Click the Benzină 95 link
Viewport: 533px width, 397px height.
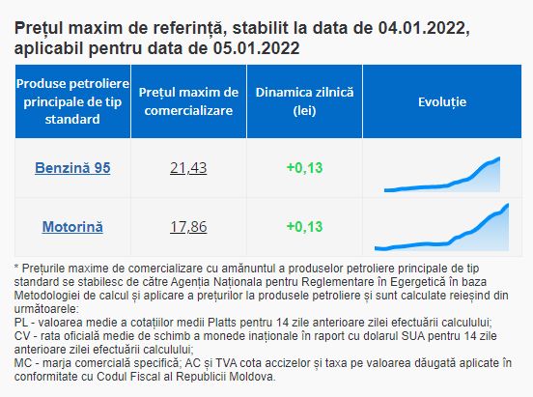(72, 168)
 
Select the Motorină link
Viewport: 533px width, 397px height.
(72, 227)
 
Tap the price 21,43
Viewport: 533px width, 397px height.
(188, 168)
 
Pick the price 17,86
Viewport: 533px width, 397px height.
(188, 227)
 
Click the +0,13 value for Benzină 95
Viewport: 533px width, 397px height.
(304, 168)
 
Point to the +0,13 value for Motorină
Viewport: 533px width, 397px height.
(304, 227)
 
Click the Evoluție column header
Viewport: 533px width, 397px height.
(442, 102)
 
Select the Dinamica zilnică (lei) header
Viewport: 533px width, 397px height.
(304, 101)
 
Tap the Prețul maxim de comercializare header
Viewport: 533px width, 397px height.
(188, 101)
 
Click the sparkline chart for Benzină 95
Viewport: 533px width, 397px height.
(442, 175)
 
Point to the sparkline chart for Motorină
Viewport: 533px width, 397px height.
(442, 227)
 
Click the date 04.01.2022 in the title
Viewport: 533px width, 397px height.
(421, 28)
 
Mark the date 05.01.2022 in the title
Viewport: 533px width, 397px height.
(256, 48)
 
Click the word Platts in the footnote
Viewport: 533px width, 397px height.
(222, 323)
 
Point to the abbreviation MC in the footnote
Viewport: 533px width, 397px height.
(23, 363)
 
